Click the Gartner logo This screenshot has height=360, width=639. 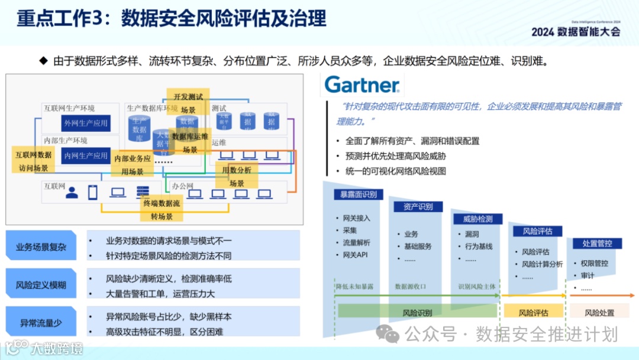362,85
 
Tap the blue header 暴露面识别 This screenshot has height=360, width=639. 358,194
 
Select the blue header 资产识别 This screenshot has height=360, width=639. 418,207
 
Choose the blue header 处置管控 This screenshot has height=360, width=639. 597,243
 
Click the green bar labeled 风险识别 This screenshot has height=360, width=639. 417,312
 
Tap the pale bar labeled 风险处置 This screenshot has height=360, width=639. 599,312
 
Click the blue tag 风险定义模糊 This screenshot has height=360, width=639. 41,285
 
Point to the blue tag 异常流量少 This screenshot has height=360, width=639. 41,323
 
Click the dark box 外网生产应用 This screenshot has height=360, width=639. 86,123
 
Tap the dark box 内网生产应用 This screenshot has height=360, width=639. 86,156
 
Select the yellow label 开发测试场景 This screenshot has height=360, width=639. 188,103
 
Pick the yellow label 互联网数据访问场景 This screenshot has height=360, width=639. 33,161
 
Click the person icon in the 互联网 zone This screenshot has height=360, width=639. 72,192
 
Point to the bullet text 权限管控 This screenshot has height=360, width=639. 595,263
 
